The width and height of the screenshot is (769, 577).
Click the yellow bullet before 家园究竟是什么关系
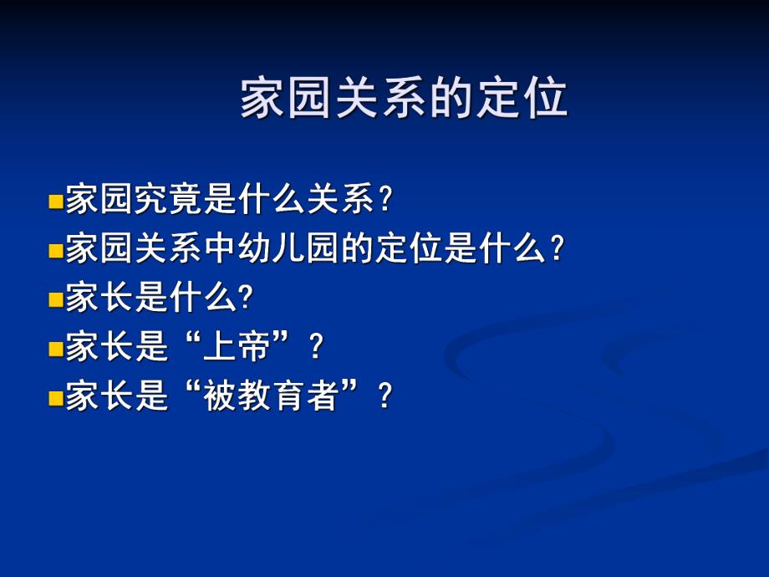(56, 202)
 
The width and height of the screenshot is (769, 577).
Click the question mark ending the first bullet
(384, 201)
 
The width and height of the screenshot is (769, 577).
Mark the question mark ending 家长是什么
(246, 299)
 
